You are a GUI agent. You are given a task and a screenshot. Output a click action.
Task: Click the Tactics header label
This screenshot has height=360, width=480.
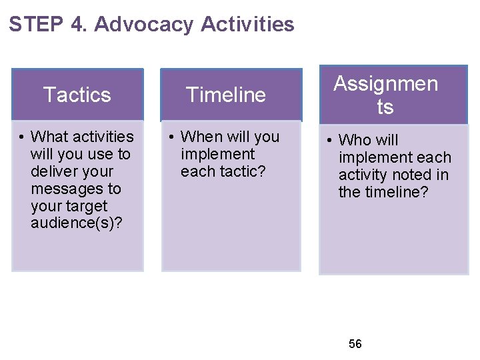(x=77, y=95)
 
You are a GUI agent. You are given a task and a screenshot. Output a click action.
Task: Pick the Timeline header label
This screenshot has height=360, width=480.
(x=226, y=95)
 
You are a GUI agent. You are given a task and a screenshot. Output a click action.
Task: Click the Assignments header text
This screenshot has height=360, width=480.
(x=385, y=95)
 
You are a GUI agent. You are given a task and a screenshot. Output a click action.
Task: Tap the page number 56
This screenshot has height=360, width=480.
(x=355, y=344)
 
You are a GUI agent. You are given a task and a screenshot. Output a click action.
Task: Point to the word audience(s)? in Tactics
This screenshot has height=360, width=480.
(x=76, y=223)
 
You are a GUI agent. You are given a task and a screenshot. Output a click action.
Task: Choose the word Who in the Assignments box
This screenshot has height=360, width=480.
(x=355, y=140)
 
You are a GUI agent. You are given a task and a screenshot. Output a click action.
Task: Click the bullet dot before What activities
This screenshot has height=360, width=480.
(x=22, y=137)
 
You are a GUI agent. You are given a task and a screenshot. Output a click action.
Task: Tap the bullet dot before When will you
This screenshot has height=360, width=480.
(x=171, y=137)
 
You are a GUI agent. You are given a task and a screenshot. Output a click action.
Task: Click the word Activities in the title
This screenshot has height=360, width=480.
(x=247, y=25)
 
